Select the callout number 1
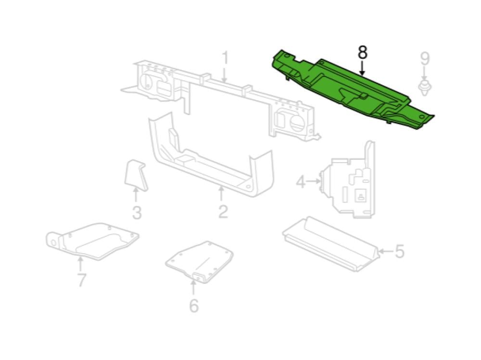(225, 58)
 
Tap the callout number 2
(223, 212)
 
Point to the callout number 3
(137, 213)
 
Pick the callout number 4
(301, 182)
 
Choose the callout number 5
(400, 251)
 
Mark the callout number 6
(194, 306)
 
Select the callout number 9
(425, 59)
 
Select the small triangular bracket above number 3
(135, 176)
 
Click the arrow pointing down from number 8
(362, 68)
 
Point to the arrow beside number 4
(314, 181)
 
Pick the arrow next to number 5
(386, 251)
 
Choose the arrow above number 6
(193, 288)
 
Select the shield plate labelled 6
(200, 262)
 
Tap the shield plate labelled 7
(92, 242)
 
